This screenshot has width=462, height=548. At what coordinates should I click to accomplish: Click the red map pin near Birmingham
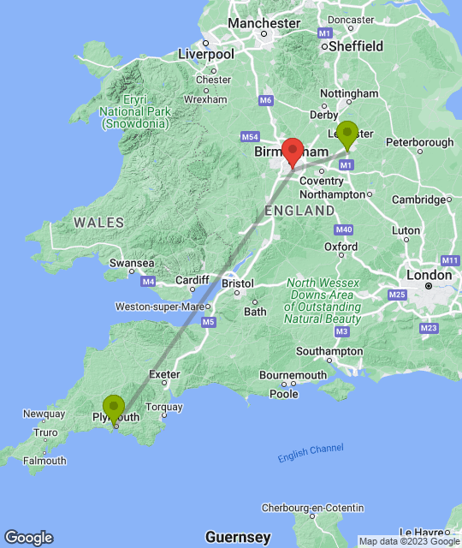tap(293, 151)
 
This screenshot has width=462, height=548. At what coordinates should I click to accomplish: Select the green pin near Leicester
tap(346, 134)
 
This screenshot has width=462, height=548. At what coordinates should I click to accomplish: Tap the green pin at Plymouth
tap(113, 408)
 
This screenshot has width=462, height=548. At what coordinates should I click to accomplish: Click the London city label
tap(428, 275)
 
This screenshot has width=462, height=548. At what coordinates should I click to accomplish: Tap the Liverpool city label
tap(205, 54)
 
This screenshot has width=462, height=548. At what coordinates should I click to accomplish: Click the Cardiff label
tap(192, 280)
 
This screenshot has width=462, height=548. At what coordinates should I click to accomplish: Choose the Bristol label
tap(237, 283)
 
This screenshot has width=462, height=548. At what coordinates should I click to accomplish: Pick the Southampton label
tap(329, 351)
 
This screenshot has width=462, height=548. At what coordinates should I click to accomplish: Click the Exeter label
tap(164, 374)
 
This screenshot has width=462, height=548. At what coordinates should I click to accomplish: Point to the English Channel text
tap(311, 453)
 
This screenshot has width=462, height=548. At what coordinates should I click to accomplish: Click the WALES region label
tap(98, 222)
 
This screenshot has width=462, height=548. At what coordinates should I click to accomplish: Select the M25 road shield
tap(397, 295)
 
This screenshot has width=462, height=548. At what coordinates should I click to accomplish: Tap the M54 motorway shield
tap(250, 137)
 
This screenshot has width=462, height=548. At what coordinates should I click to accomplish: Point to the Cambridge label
tap(419, 200)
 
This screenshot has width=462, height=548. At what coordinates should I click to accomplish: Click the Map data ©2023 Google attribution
tap(409, 541)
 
